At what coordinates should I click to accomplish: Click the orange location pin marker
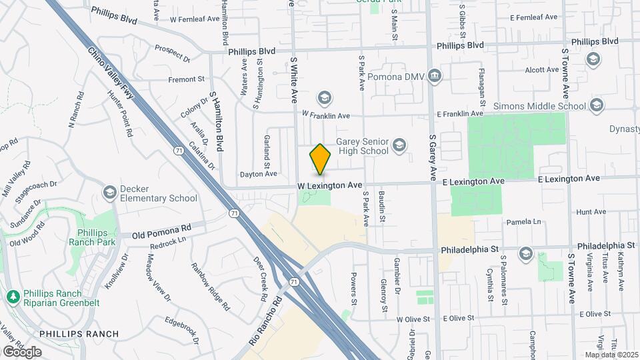point(320,159)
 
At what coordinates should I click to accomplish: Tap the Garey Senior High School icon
point(399,145)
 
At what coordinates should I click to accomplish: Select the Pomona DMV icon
point(435,76)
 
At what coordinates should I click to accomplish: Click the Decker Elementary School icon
point(109,193)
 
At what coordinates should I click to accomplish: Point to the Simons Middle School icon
point(596,105)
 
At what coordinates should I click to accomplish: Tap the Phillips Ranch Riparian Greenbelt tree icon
point(12,295)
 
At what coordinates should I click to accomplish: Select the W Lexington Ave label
point(329,185)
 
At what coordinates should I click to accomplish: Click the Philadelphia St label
point(469,250)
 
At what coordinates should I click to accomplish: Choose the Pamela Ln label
point(524,221)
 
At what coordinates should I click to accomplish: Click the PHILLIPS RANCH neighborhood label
point(79,333)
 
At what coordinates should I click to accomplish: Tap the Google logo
point(22,351)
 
